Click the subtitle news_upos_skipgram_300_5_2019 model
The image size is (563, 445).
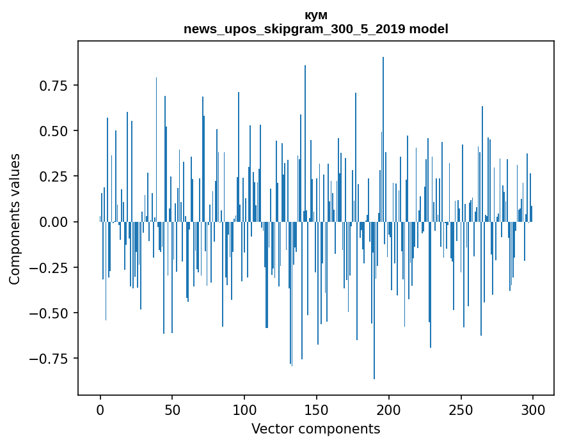(316, 29)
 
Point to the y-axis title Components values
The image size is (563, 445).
(15, 219)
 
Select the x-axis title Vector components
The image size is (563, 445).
(316, 429)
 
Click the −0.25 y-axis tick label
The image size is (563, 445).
(54, 267)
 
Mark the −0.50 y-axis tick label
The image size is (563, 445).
(54, 313)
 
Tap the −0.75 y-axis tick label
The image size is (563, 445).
(54, 359)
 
